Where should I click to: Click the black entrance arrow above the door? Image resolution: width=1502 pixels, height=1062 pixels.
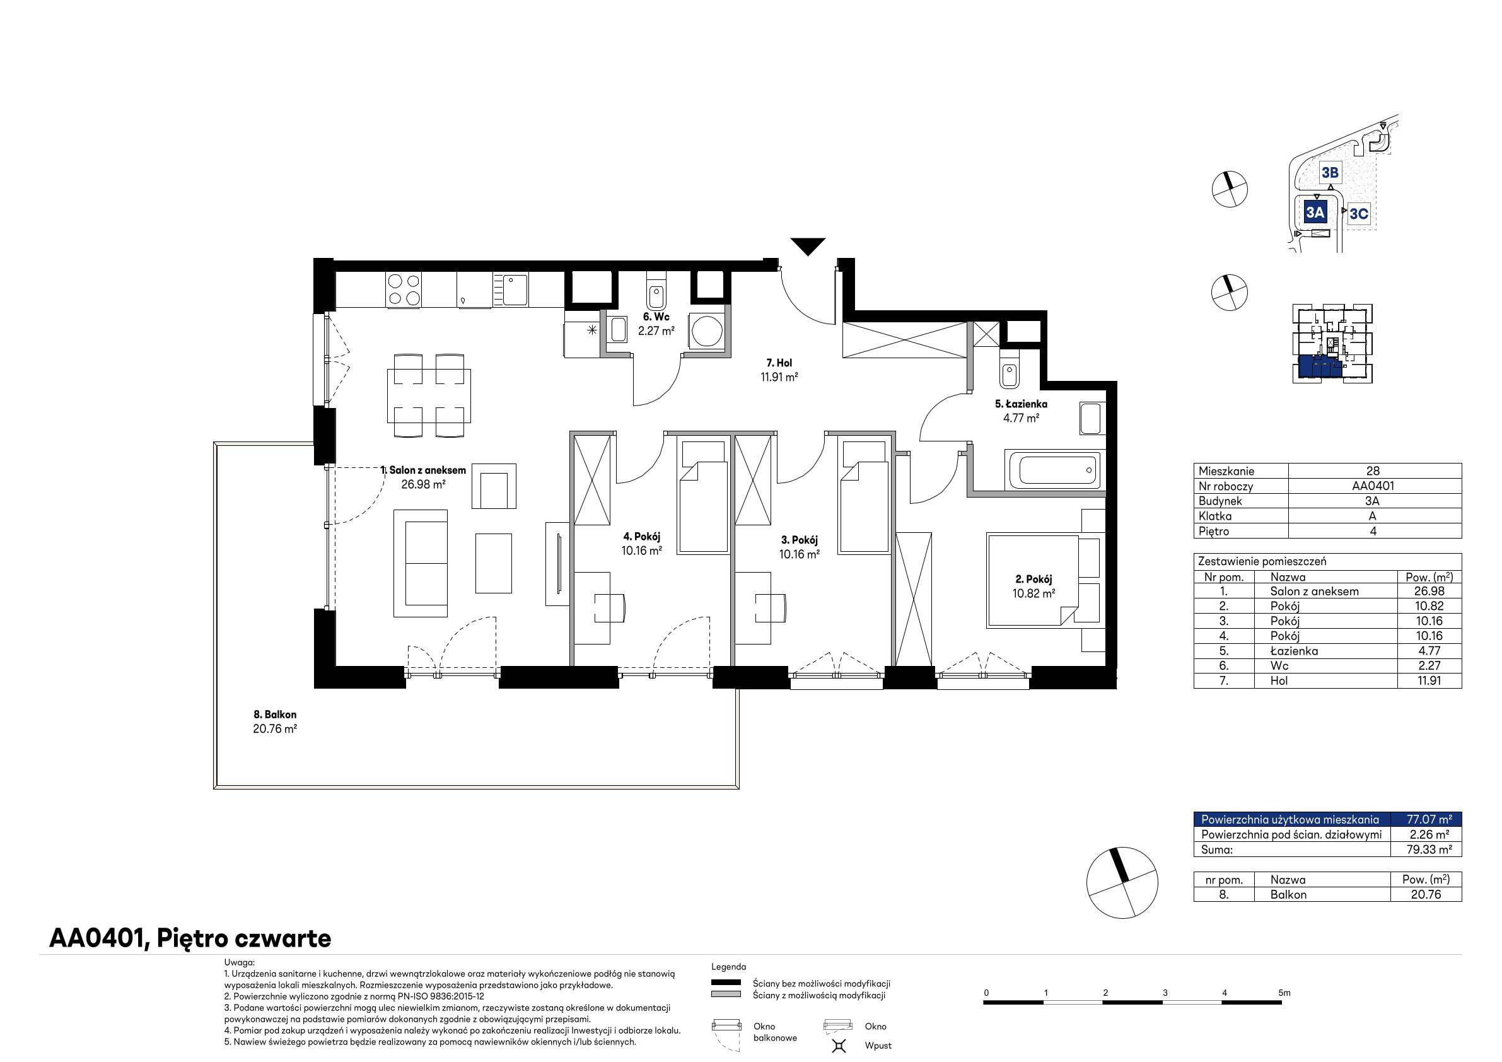click(808, 246)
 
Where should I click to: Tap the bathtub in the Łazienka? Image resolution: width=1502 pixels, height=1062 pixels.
click(1054, 470)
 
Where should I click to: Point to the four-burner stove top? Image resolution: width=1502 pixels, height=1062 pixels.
click(404, 290)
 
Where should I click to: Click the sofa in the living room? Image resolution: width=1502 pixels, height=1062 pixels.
click(421, 563)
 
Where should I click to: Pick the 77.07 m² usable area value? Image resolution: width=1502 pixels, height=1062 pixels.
click(1429, 819)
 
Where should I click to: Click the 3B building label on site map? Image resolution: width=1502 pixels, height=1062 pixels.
click(1330, 173)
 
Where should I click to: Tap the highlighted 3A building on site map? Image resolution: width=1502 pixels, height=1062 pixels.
click(1315, 213)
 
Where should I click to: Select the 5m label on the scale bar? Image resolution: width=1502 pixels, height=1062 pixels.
click(1285, 993)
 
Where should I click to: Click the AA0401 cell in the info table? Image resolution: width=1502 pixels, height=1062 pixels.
click(1373, 486)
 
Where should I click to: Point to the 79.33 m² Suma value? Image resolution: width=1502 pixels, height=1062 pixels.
click(1429, 850)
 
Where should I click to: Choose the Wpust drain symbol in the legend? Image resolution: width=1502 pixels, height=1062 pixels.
click(839, 1046)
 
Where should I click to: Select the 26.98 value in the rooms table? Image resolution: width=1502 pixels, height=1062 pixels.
click(1428, 592)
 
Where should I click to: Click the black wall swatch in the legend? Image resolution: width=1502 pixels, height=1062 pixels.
click(726, 982)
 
